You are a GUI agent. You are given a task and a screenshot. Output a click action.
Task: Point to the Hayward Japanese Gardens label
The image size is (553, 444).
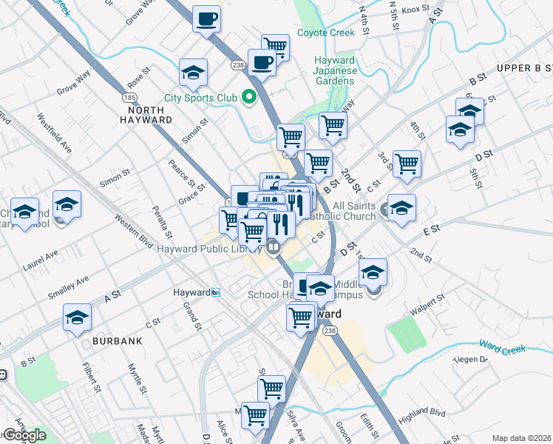coord(336,70)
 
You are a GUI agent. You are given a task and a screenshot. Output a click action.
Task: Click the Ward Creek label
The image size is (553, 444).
coord(502,346)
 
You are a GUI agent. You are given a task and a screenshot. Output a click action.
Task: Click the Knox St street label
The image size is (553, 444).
coord(415,10)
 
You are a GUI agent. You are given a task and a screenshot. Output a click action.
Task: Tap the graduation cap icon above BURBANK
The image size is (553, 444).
coord(77,317)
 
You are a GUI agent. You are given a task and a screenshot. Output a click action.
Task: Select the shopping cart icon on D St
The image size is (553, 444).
coord(407,164)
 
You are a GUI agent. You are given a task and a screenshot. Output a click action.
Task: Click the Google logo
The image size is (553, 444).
coord(24,435)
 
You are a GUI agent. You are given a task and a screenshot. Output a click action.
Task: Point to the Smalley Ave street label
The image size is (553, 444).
coord(68,287)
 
